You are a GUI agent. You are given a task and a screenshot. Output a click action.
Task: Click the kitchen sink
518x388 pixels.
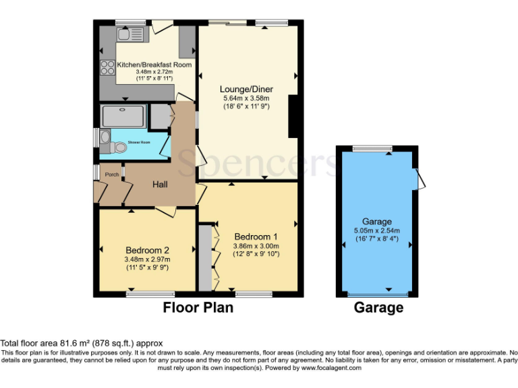130,34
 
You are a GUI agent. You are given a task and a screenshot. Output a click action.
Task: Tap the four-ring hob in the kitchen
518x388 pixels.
107,67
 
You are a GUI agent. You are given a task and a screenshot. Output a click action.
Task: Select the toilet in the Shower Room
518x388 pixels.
104,139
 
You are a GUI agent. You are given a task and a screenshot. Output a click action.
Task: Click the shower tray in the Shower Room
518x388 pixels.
123,117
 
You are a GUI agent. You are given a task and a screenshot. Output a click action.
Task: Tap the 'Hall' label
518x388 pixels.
159,184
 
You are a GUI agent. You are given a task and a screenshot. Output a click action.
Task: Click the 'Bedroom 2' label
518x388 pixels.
146,250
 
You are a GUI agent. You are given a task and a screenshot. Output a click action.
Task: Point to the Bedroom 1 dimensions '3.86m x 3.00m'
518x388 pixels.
256,246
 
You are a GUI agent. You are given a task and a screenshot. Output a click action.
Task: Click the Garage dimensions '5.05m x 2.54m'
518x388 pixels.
376,230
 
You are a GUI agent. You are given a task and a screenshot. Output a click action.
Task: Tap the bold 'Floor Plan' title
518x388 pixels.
198,308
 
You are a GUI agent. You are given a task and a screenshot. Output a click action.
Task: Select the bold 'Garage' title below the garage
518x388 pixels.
378,308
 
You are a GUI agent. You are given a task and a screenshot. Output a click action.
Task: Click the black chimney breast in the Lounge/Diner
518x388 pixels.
293,115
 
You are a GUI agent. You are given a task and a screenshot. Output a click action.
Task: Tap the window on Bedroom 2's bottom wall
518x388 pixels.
150,294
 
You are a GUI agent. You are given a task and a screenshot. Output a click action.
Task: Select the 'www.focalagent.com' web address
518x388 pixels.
331,368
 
